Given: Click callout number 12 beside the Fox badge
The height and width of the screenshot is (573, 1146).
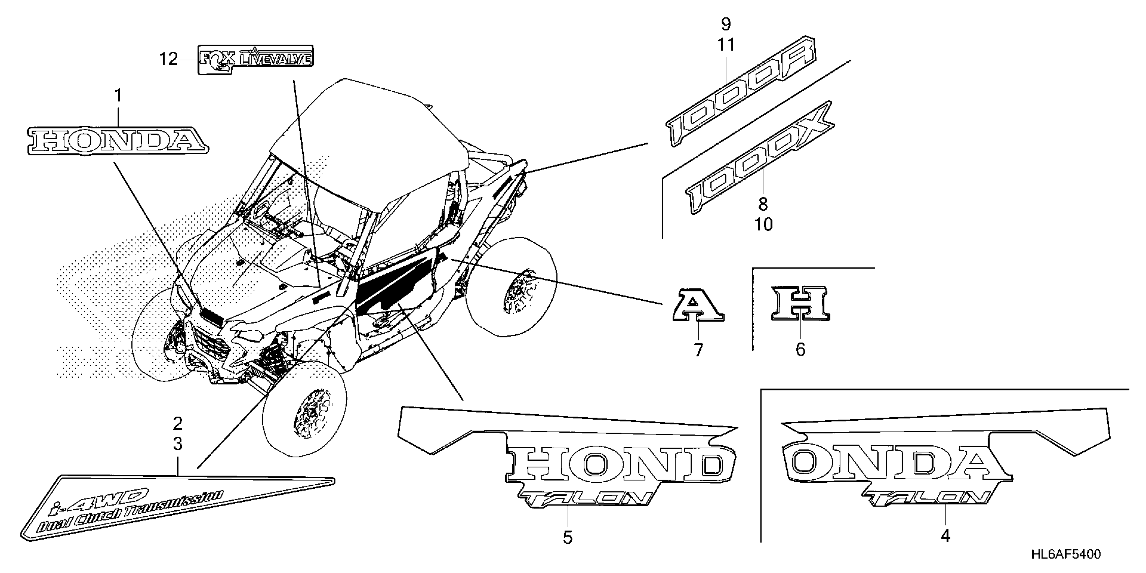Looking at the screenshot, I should pyautogui.click(x=169, y=59).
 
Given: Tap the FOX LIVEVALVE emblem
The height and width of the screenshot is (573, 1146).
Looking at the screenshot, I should pyautogui.click(x=255, y=59).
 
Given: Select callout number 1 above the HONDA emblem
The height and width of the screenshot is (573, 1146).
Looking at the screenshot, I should pyautogui.click(x=118, y=95).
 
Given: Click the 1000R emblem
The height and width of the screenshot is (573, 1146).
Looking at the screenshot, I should pyautogui.click(x=741, y=91).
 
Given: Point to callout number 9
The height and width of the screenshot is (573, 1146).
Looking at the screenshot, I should pyautogui.click(x=726, y=24).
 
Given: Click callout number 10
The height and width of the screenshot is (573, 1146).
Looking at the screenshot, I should pyautogui.click(x=763, y=225).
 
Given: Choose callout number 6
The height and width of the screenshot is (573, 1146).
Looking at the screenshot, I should pyautogui.click(x=800, y=350).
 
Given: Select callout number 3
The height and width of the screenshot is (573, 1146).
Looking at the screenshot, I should pyautogui.click(x=178, y=444).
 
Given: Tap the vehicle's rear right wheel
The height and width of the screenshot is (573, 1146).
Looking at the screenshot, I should pyautogui.click(x=512, y=287).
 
